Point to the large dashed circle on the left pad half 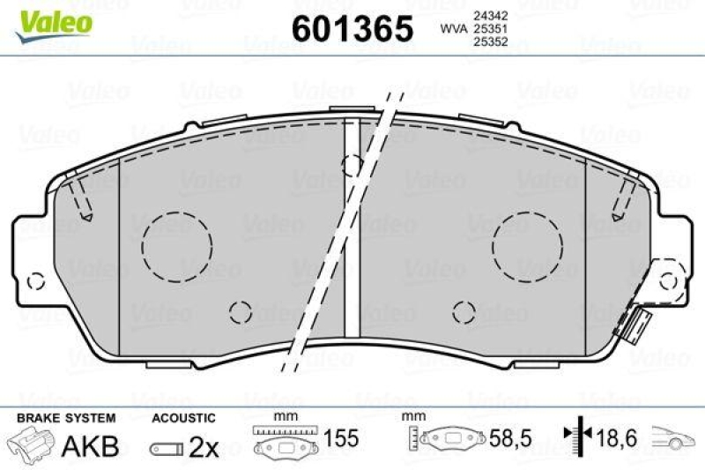click(x=177, y=242)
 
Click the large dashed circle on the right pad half click(x=526, y=242)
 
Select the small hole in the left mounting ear click(x=36, y=282)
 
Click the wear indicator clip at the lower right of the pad click(x=634, y=325)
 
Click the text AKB click(x=89, y=446)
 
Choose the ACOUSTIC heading click(x=182, y=417)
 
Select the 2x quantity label click(x=204, y=447)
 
